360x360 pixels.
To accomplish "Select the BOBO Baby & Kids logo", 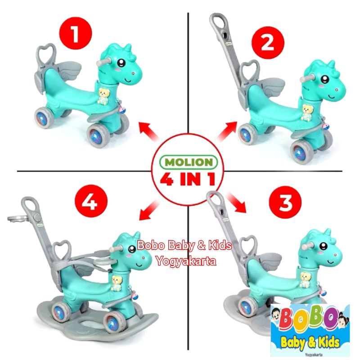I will pos(311,328).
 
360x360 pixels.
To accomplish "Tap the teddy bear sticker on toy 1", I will pos(105,96).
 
